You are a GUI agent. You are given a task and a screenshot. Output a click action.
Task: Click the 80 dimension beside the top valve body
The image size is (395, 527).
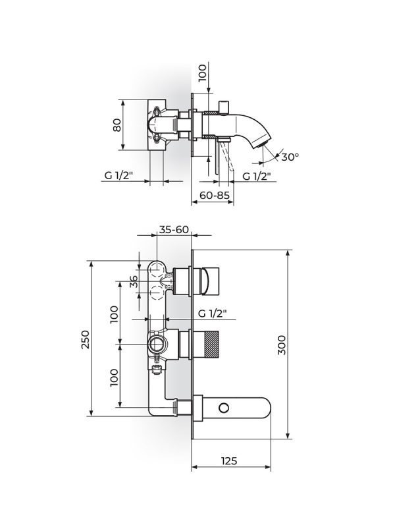tap(117, 125)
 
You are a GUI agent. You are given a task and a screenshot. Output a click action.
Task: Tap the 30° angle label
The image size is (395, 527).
tap(290, 157)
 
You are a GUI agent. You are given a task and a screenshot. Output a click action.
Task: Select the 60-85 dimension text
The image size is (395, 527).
tap(215, 195)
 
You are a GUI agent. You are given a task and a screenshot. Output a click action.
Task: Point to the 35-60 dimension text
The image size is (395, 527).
tap(174, 229)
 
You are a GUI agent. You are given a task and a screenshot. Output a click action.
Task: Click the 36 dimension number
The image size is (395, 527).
tap(134, 281)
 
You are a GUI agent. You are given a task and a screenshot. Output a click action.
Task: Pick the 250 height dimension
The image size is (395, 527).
tap(86, 339)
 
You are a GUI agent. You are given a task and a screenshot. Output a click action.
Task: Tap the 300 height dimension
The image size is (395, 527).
tap(282, 345)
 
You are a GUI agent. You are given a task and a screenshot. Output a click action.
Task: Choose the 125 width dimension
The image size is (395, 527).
tap(229, 460)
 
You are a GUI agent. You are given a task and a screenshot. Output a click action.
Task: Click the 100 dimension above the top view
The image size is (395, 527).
tap(202, 73)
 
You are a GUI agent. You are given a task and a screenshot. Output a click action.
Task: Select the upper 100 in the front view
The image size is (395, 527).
tap(114, 315)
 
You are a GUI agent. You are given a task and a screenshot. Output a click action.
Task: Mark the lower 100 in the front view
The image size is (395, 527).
tap(114, 377)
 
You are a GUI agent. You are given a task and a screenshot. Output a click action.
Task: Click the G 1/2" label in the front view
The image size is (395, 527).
tap(212, 314)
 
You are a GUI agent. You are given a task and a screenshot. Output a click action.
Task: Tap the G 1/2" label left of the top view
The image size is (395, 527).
tap(119, 175)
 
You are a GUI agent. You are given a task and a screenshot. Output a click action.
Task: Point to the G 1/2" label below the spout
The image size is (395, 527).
tap(257, 176)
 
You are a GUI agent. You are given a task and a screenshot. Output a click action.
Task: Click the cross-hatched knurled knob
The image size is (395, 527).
tap(211, 344)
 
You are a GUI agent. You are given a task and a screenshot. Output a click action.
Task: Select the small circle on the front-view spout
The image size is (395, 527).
tap(224, 408)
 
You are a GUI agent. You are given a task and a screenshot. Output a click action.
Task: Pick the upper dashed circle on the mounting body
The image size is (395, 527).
tap(157, 269)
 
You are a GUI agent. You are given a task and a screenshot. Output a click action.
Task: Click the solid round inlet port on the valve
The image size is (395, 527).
tap(157, 344)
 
